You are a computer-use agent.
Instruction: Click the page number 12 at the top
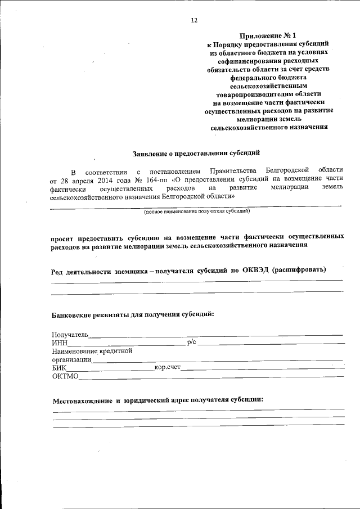point(194,20)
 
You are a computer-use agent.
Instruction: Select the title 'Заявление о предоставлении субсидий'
point(196,152)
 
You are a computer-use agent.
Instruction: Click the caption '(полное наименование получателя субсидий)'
point(196,212)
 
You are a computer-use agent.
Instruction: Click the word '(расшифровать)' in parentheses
point(298,269)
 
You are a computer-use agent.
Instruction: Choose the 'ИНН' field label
point(59,343)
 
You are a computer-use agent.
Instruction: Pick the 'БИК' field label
point(59,368)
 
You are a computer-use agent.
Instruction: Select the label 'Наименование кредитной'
point(92,351)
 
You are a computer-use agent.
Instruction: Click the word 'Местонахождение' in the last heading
point(83,401)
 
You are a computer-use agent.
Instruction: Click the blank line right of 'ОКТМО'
point(211,377)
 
